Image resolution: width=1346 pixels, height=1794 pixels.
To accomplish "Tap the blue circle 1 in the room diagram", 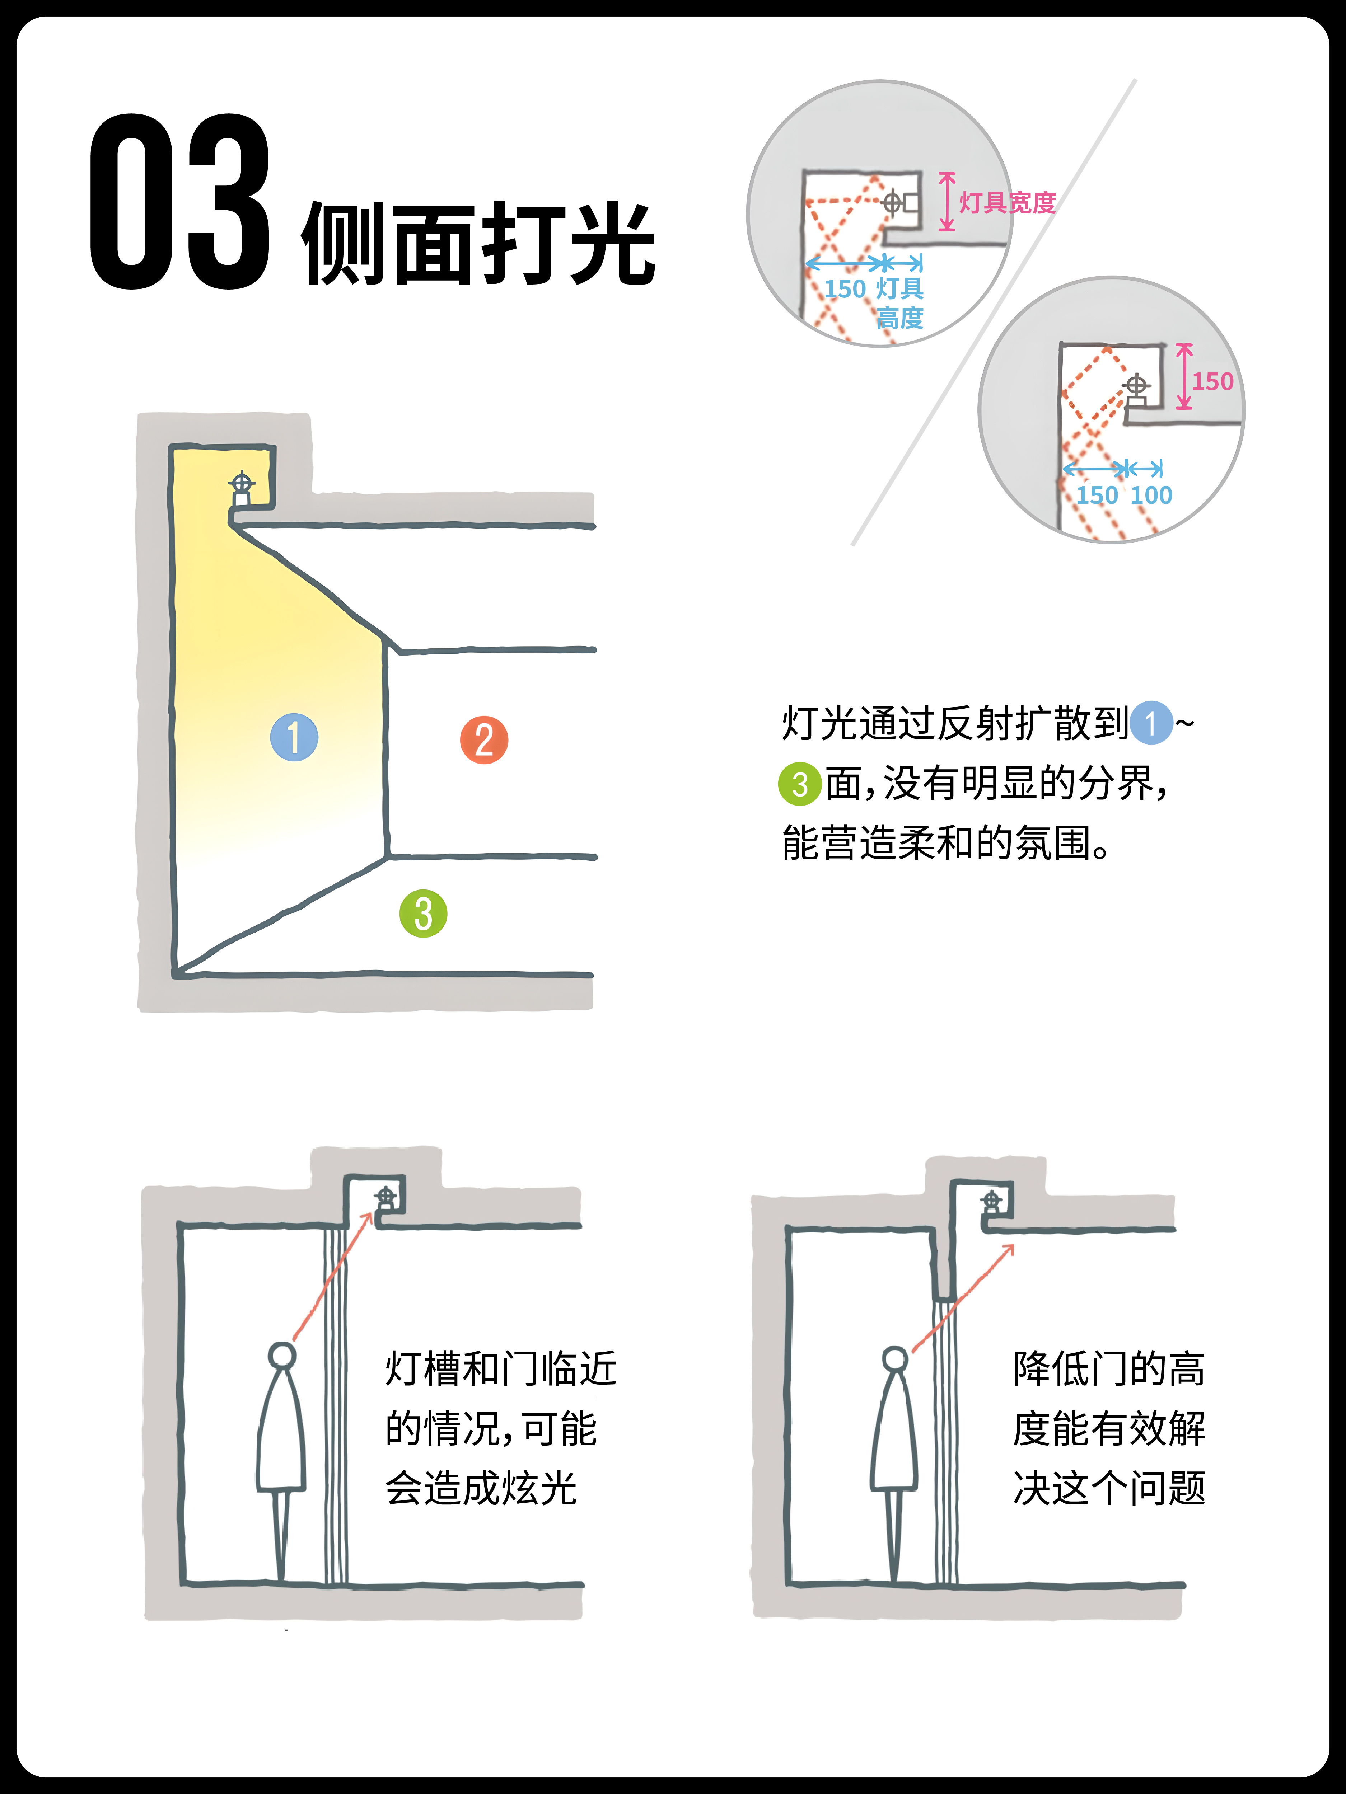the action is coord(294,737).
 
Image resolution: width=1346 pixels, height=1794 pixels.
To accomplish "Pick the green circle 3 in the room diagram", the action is coord(424,914).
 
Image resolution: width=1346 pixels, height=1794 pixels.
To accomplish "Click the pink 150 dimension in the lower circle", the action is coord(1213,381).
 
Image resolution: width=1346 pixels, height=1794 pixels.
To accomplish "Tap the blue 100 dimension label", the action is coord(1151,495).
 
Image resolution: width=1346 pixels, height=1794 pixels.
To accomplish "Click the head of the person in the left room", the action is coord(282,1355).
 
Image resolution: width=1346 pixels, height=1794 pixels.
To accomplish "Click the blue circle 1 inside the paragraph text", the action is coord(1151,723).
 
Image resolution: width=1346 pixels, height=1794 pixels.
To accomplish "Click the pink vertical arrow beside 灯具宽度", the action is coord(947,201).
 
